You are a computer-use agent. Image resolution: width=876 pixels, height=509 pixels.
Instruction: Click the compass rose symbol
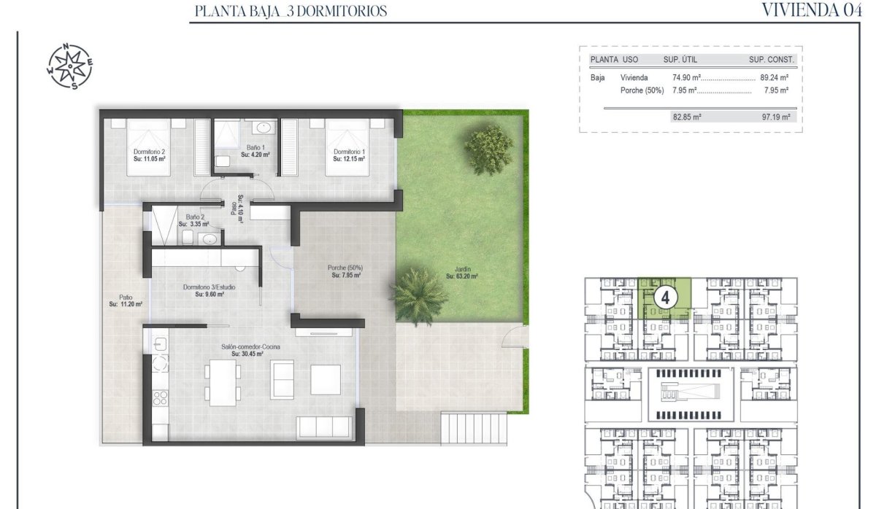[69, 66]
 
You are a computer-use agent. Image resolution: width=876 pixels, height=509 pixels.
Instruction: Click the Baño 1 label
[255, 151]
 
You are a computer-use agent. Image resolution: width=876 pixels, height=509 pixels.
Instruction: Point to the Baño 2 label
[195, 220]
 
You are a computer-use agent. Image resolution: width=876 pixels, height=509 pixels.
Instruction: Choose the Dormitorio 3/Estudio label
[209, 290]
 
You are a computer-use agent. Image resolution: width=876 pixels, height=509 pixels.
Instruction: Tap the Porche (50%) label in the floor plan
[346, 271]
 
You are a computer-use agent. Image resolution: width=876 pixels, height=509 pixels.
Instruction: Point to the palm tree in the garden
[419, 295]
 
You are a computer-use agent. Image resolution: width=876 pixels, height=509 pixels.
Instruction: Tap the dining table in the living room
[223, 381]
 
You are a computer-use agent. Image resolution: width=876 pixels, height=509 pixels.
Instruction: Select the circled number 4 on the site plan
[665, 297]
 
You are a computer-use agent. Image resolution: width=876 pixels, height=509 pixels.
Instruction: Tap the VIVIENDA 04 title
[807, 10]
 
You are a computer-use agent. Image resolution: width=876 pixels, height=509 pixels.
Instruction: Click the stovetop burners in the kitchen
[160, 397]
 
